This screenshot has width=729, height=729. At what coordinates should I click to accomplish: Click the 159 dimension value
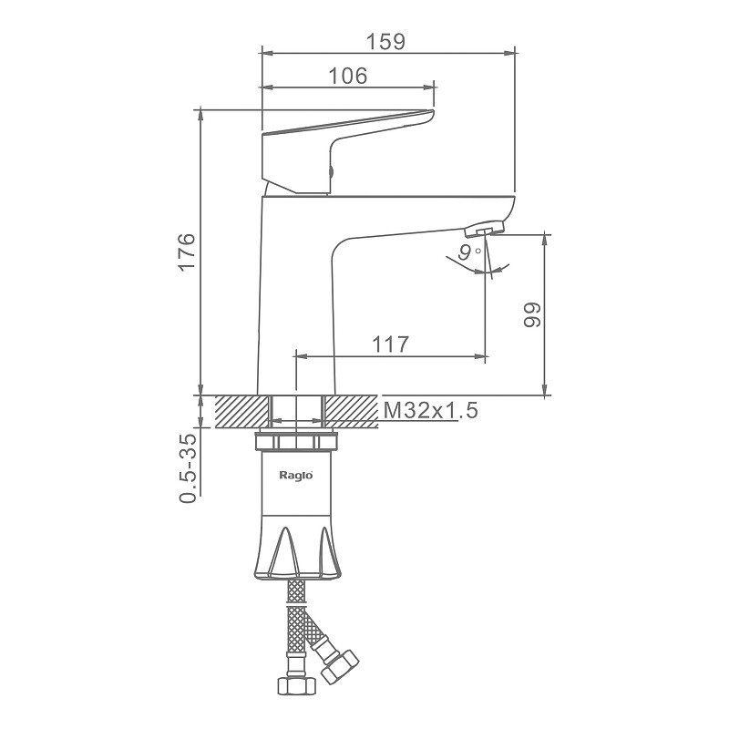tap(385, 42)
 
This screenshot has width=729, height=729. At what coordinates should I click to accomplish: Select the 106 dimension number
tap(348, 76)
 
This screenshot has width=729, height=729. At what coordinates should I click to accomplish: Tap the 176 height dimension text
tap(187, 252)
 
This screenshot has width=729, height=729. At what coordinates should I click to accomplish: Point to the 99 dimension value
tap(532, 314)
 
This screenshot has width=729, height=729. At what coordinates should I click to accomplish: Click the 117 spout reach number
tap(390, 344)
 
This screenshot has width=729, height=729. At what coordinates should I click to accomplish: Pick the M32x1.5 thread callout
tap(430, 411)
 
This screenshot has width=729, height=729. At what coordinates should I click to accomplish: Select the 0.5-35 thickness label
tap(188, 468)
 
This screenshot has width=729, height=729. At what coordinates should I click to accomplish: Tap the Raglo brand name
tap(295, 475)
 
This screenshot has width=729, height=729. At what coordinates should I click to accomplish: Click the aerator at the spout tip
tap(484, 229)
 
